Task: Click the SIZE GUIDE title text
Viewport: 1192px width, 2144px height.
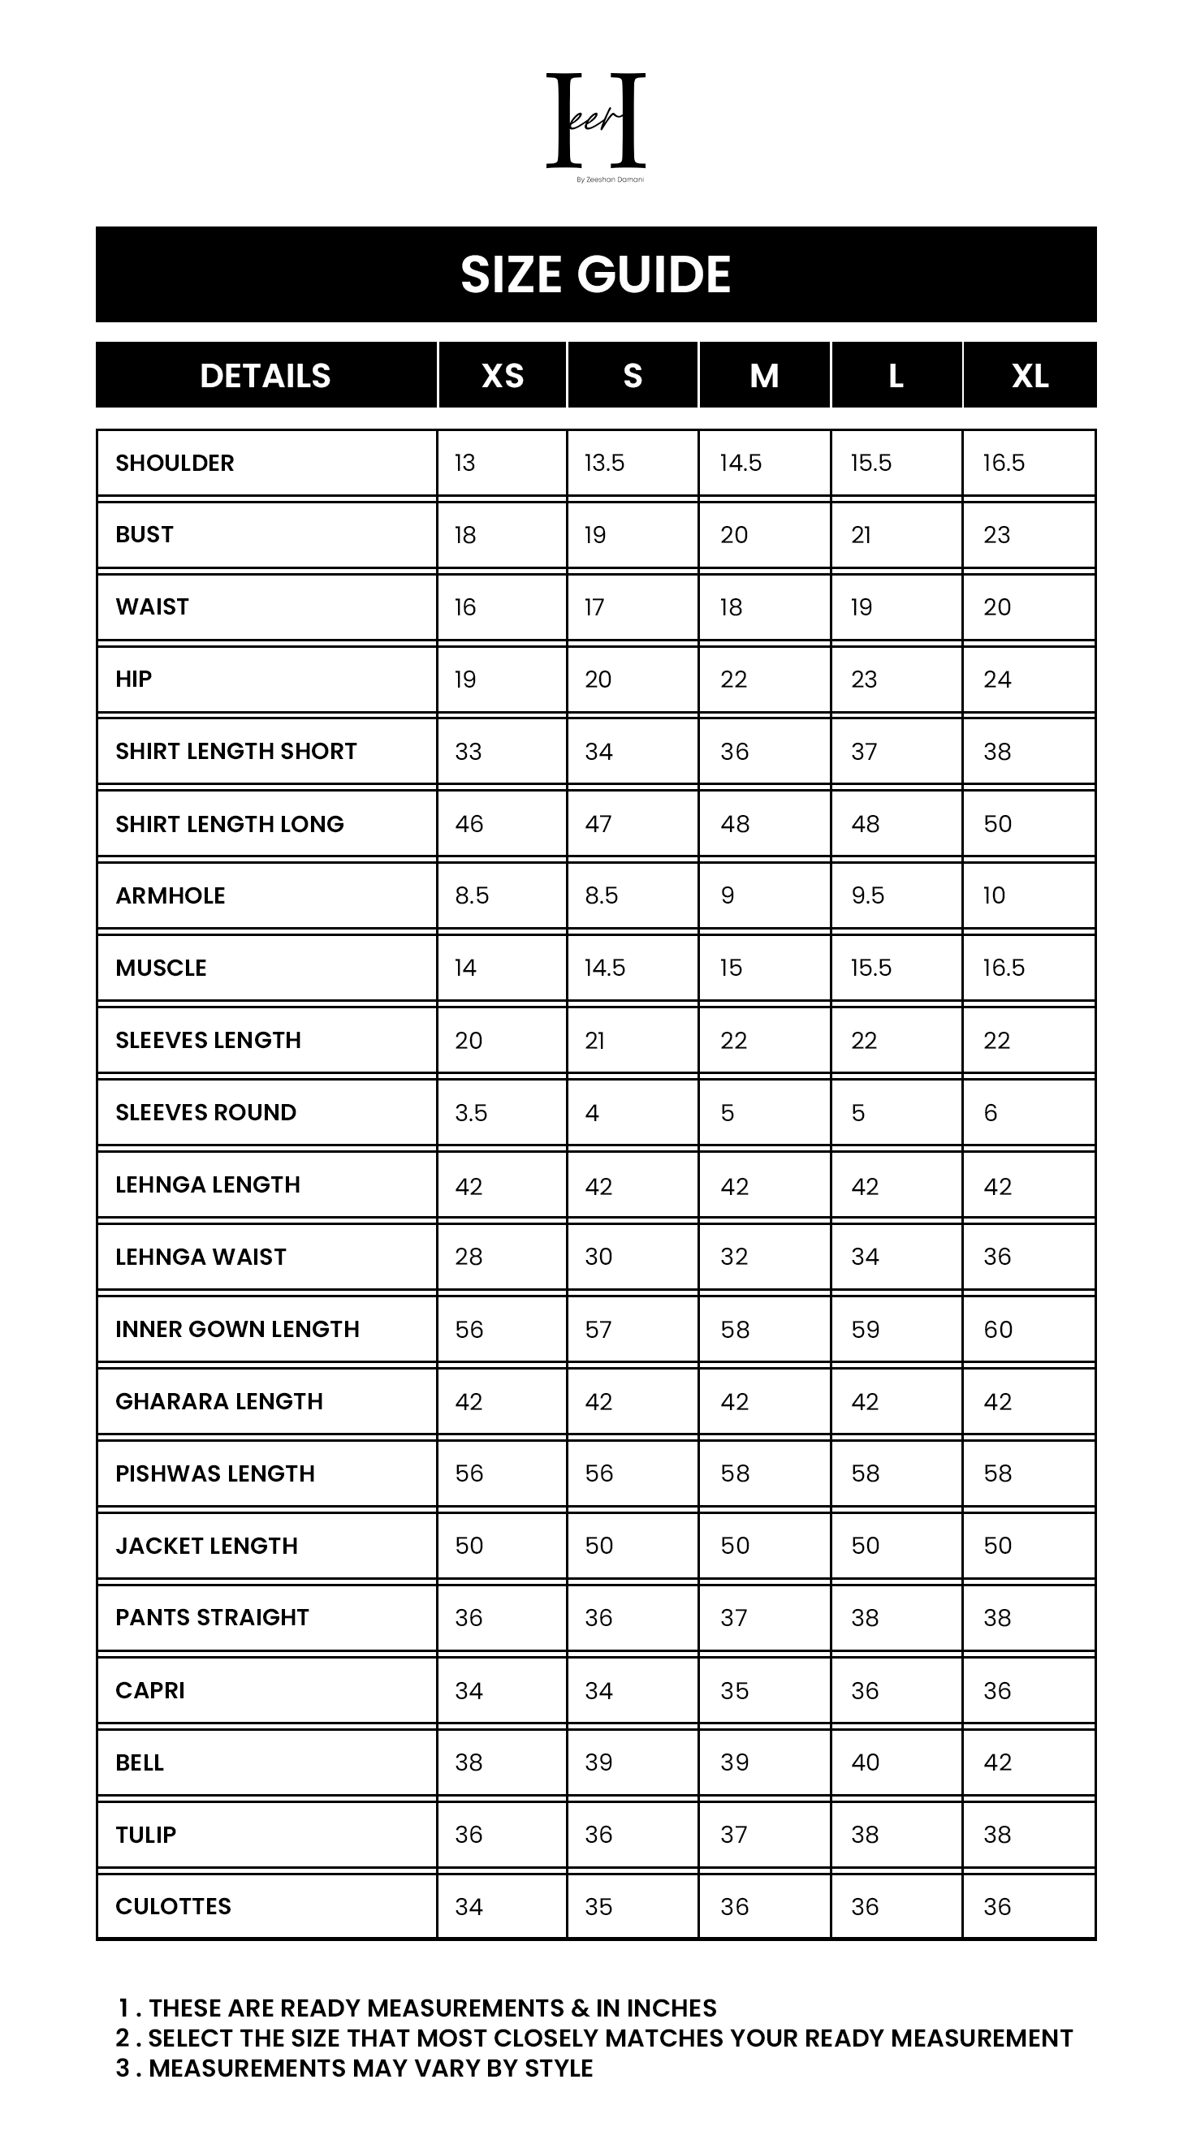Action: [595, 274]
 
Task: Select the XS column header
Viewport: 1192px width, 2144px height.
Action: [502, 376]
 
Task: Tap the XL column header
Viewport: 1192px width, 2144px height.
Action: [1030, 376]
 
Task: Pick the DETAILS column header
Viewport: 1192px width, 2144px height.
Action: [266, 376]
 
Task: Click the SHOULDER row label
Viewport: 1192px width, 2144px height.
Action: [175, 464]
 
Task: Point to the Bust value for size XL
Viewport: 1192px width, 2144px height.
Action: [996, 535]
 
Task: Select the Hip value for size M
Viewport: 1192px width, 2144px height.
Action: [733, 680]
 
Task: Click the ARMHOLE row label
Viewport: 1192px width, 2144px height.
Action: [171, 896]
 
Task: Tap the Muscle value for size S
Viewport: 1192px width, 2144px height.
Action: [604, 968]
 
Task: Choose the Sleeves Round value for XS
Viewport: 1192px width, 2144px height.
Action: [471, 1114]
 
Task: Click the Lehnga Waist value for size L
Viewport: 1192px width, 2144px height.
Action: [865, 1257]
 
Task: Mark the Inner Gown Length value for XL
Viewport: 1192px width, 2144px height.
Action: [997, 1330]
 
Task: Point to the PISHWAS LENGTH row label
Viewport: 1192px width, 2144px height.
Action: [214, 1474]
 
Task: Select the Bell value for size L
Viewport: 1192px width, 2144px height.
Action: [865, 1762]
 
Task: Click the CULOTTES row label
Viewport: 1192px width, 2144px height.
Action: [173, 1907]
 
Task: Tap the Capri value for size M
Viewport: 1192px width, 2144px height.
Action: [734, 1691]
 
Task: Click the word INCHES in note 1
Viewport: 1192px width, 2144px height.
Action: [671, 2008]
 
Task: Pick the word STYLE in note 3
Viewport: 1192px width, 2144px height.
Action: [558, 2069]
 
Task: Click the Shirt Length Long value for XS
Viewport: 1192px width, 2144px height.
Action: [469, 825]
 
